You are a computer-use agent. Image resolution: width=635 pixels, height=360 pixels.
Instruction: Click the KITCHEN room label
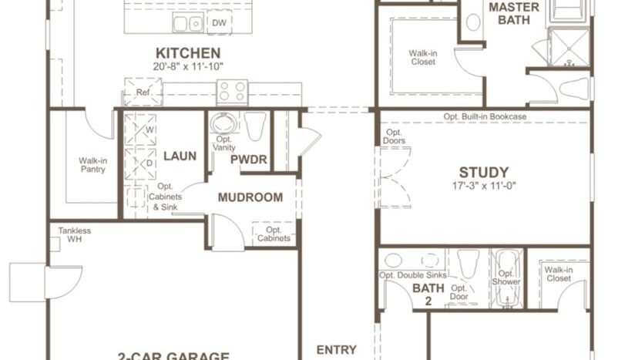pyautogui.click(x=188, y=52)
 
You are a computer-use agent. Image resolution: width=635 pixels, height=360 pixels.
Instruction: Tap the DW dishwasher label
pyautogui.click(x=220, y=22)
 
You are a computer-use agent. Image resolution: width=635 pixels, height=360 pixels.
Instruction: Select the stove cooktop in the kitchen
pyautogui.click(x=232, y=92)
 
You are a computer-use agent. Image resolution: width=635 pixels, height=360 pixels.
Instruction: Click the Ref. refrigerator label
pyautogui.click(x=143, y=93)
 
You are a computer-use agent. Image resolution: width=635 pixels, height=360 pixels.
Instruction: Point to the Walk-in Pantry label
pyautogui.click(x=92, y=166)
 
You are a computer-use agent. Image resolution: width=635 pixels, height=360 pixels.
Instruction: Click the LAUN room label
pyautogui.click(x=180, y=156)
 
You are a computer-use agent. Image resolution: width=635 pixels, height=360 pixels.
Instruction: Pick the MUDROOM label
pyautogui.click(x=250, y=197)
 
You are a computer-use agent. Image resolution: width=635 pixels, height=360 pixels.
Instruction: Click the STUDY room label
pyautogui.click(x=484, y=172)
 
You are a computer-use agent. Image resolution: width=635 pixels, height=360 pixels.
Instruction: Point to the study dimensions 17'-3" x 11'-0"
pyautogui.click(x=484, y=186)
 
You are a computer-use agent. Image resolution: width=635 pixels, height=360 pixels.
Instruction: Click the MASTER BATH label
pyautogui.click(x=509, y=14)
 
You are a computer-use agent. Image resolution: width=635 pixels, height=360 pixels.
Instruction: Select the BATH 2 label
pyautogui.click(x=423, y=294)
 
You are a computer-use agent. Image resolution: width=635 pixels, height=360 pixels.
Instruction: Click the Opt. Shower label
pyautogui.click(x=506, y=278)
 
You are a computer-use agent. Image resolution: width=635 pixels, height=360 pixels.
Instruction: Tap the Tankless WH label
pyautogui.click(x=74, y=234)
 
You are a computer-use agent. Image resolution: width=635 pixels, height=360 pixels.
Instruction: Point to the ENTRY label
pyautogui.click(x=337, y=349)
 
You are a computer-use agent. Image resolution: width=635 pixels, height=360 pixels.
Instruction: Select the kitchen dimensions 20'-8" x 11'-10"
pyautogui.click(x=188, y=66)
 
